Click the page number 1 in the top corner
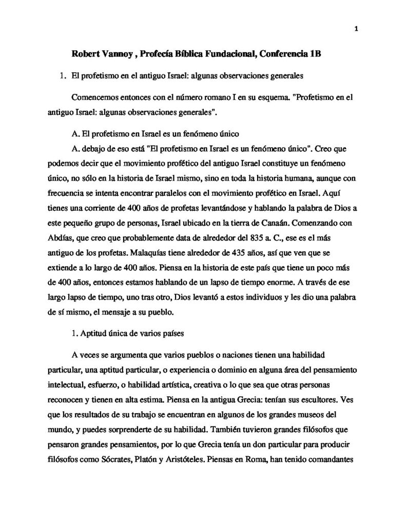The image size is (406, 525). click(355, 28)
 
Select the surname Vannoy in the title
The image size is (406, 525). click(119, 54)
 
